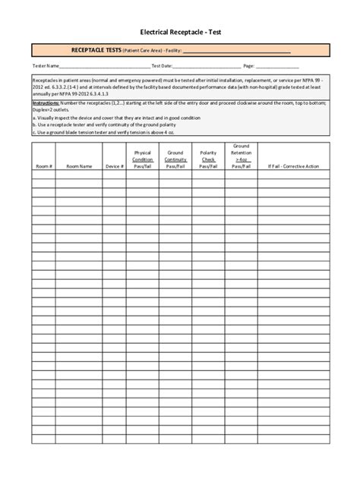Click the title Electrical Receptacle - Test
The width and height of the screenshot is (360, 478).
(180, 33)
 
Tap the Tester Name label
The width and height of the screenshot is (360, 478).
(44, 66)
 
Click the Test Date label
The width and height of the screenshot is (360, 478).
(162, 66)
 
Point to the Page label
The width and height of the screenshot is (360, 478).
(248, 66)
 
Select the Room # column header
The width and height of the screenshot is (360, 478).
(43, 165)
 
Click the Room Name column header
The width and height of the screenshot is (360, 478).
(79, 165)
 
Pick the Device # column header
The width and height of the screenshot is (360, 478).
(114, 165)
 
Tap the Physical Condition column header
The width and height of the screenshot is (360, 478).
(143, 159)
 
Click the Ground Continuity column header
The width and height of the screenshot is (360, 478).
(175, 159)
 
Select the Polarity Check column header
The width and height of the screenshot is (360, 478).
(208, 159)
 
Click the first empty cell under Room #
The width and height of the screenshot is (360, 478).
(43, 174)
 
